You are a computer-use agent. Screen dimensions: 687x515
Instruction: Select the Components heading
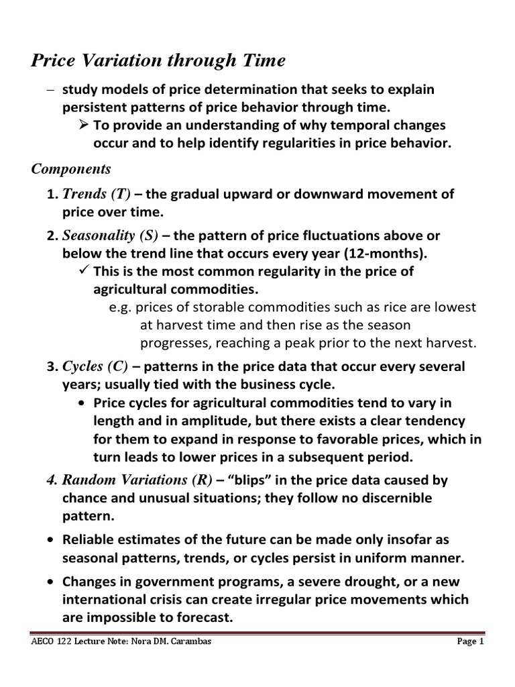point(71,168)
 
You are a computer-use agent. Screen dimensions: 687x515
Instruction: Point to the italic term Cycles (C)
point(95,367)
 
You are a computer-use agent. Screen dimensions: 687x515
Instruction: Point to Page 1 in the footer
point(470,641)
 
